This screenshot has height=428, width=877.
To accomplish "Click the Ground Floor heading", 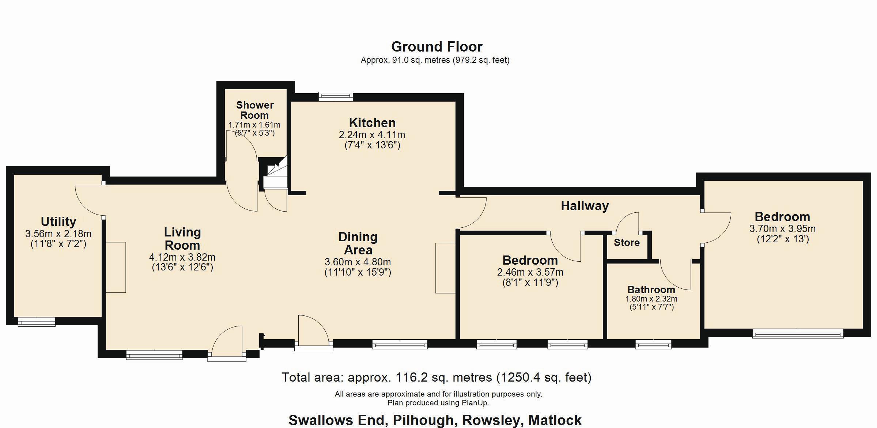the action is click(437, 47).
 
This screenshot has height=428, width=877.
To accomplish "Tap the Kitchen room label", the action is click(372, 123).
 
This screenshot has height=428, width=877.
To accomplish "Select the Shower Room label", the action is click(255, 110).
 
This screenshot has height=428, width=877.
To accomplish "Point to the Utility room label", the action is click(58, 221).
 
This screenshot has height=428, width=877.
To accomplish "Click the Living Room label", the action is click(182, 238).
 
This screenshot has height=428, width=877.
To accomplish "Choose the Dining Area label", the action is click(358, 243).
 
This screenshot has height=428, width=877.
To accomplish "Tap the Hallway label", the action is click(585, 206).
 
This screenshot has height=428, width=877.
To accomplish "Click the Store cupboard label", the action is click(627, 242).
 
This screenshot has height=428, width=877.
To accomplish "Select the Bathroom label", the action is click(651, 289).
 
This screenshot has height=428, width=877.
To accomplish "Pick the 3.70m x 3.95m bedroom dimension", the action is click(782, 229).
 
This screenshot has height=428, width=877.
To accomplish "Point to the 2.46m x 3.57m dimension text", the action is click(530, 272).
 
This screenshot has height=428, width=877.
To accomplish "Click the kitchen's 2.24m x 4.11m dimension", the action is click(372, 135).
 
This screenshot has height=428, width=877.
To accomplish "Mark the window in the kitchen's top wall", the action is click(336, 96).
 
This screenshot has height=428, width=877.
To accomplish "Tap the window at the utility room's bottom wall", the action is click(37, 322).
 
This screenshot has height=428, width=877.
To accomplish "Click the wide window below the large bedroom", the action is click(798, 333).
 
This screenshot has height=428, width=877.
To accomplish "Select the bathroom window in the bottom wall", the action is click(653, 344).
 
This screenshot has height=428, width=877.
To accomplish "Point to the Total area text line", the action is click(436, 377).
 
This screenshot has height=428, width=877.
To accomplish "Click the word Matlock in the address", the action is click(555, 420).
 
